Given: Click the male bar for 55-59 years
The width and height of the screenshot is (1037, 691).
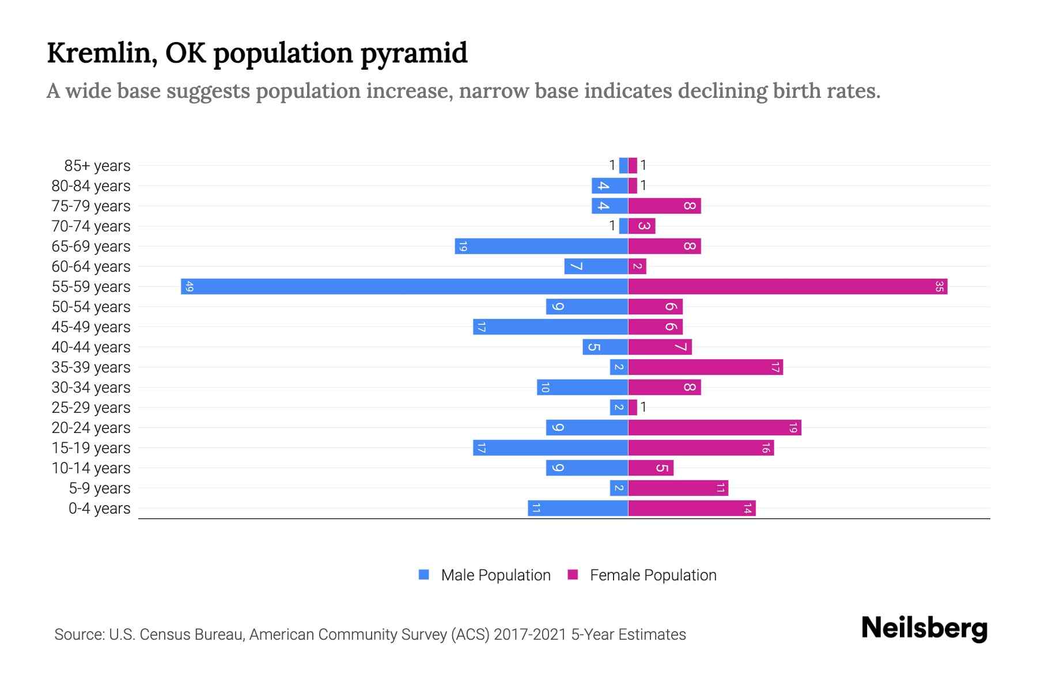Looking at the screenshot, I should (x=403, y=286).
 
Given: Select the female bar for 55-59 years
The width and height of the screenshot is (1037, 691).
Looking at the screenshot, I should (x=787, y=286).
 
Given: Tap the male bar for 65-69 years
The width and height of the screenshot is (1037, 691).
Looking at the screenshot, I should (x=542, y=246).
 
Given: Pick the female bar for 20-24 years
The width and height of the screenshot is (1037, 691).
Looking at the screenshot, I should (x=714, y=427).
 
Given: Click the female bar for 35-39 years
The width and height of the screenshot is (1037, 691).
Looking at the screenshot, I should (x=705, y=367).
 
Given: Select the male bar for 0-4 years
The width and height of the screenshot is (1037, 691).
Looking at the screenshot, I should (x=578, y=508).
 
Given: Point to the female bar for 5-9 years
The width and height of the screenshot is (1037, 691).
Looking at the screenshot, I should (x=678, y=488).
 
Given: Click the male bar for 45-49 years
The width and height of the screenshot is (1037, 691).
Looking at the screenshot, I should (x=550, y=326).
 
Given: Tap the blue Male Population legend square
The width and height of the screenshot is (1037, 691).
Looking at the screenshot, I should (x=424, y=575).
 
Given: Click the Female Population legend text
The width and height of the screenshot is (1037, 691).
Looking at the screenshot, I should (x=653, y=575).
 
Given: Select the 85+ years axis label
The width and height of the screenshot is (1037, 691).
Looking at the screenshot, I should (x=97, y=166).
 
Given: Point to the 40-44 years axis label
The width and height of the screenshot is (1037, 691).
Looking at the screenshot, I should (x=91, y=347).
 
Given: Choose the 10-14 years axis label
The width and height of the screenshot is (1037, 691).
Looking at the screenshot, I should (x=91, y=468).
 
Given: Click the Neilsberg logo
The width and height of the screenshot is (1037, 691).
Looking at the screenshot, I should (x=924, y=628).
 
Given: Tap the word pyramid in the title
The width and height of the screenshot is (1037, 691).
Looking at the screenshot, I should (x=414, y=53).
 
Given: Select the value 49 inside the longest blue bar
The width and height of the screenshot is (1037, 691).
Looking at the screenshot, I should (x=189, y=286).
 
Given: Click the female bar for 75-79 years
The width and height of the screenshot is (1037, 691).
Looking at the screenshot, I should (x=664, y=206).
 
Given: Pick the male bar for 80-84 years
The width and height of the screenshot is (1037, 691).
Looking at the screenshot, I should (x=610, y=185).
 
